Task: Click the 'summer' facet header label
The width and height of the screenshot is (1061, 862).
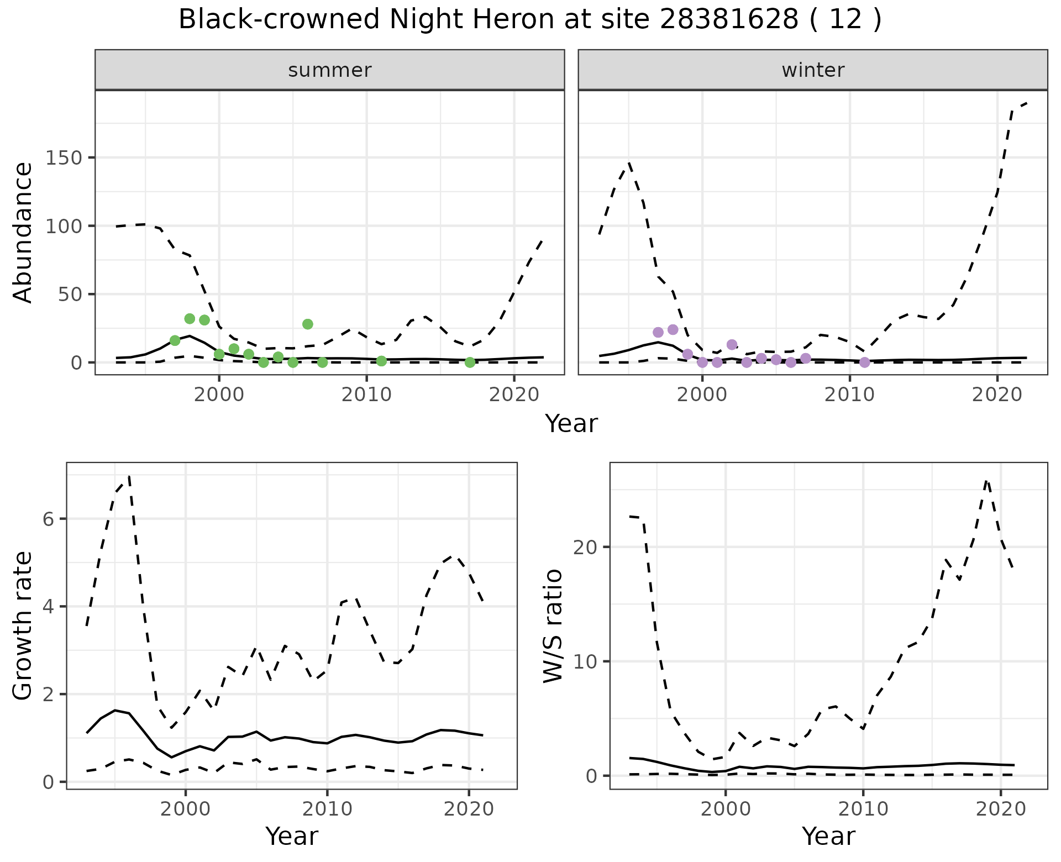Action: click(x=330, y=70)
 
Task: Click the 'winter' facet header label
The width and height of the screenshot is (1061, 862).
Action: click(x=813, y=70)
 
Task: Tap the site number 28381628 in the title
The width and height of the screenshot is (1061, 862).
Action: click(x=729, y=20)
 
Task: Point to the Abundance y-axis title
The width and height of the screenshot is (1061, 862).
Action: click(x=23, y=232)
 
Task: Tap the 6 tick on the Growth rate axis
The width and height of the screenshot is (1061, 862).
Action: click(x=49, y=519)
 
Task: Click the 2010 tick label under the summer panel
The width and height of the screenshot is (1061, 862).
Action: click(x=366, y=395)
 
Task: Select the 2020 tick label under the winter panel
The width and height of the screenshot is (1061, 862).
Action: click(x=997, y=395)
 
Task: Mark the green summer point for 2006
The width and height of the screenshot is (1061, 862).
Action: click(x=308, y=324)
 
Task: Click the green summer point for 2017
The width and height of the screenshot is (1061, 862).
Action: click(x=470, y=362)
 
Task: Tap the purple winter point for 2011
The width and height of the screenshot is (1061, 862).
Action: click(x=865, y=362)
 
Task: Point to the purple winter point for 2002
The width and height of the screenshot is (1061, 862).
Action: click(x=732, y=345)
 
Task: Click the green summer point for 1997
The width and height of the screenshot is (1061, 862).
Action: click(x=175, y=340)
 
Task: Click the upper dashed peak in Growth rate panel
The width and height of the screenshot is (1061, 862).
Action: click(x=129, y=476)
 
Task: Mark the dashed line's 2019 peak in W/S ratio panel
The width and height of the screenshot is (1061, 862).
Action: click(x=987, y=481)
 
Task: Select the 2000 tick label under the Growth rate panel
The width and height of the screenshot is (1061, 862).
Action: click(x=186, y=810)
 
